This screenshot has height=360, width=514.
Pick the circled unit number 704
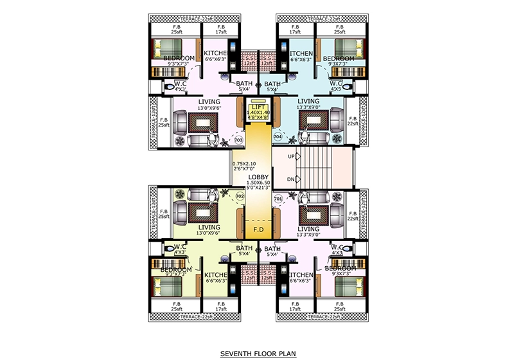(x=278, y=137)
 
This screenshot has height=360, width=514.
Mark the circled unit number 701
(x=278, y=199)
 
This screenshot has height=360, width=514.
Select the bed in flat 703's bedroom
(x=166, y=51)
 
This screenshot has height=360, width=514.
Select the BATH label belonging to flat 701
(x=272, y=249)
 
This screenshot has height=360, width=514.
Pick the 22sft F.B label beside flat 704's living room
(x=352, y=122)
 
